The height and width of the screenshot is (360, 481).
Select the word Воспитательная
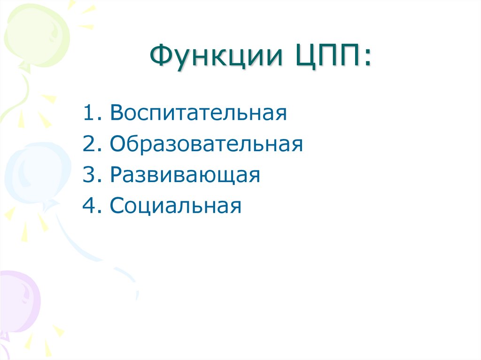pos(198,115)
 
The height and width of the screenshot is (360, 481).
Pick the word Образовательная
pos(206,145)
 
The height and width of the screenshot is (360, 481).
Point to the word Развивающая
pos(185,176)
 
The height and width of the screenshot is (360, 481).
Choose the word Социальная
pos(176,206)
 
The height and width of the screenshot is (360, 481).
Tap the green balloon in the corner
pos(35,35)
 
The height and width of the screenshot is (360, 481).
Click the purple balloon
pos(19,300)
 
